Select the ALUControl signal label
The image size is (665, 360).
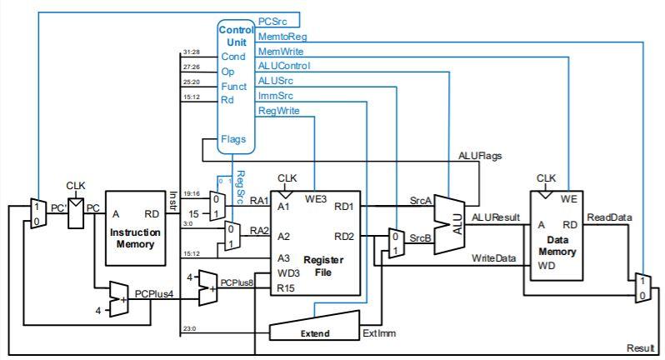pos(284,66)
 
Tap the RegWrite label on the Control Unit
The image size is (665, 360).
pos(279,110)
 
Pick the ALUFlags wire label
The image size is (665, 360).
pos(480,155)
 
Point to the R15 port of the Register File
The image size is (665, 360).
pos(286,288)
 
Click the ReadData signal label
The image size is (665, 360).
pos(609,217)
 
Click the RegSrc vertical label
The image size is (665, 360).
pos(240,187)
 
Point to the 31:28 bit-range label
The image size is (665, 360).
pos(191,52)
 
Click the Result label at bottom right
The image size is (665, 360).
pos(641,347)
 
